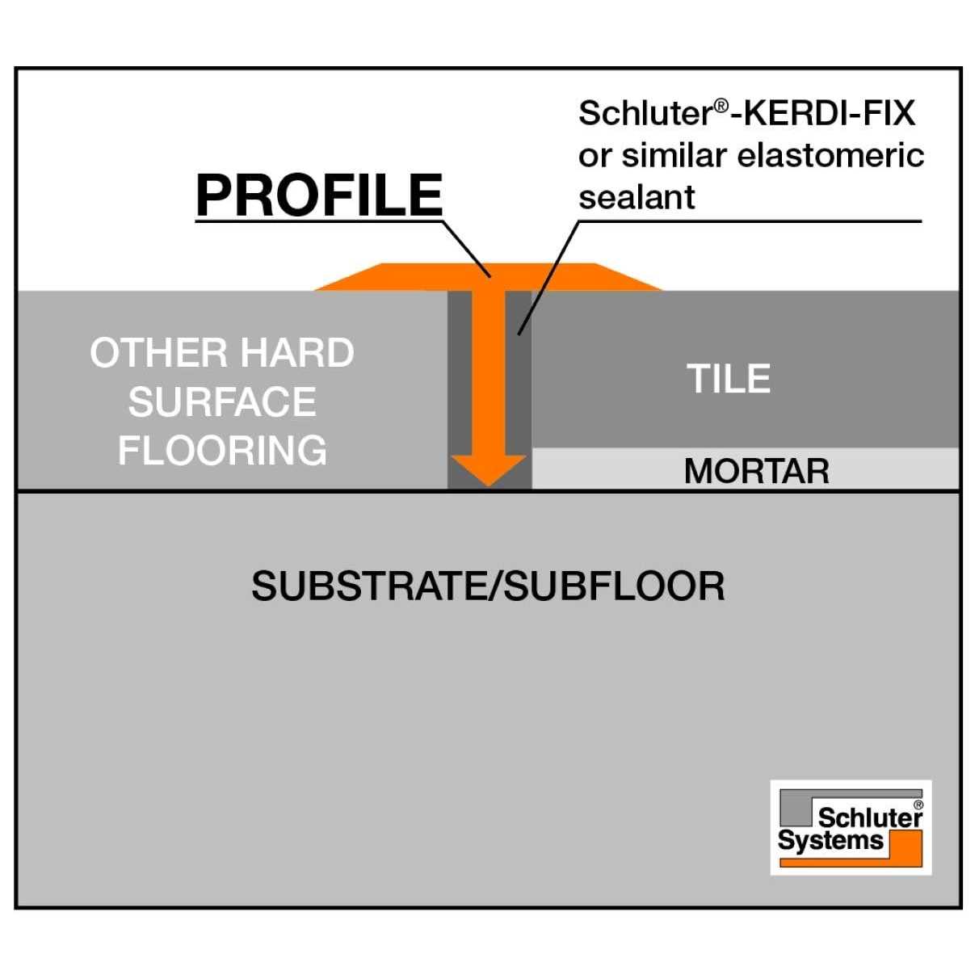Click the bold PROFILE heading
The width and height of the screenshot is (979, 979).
click(x=319, y=195)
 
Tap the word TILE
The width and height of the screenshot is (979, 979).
click(x=729, y=379)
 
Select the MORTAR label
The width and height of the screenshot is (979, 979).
click(x=756, y=471)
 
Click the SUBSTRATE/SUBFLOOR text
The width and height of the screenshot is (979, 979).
click(x=488, y=586)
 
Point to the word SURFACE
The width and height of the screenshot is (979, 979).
click(x=222, y=402)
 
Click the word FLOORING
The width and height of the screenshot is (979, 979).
click(x=222, y=451)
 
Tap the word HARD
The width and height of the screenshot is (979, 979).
click(x=297, y=353)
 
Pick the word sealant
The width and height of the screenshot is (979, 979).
click(x=637, y=197)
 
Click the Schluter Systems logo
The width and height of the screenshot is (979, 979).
click(x=851, y=827)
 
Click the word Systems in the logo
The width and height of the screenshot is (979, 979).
click(x=830, y=841)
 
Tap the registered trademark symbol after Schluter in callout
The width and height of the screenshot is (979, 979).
click(x=721, y=104)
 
